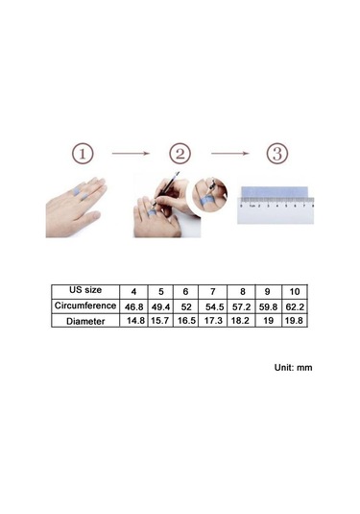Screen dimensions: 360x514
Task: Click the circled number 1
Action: coord(83,154)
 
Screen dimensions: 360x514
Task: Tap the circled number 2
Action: coord(180,154)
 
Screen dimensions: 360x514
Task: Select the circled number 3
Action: coord(277,154)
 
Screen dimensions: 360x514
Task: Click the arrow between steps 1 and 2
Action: coord(131,153)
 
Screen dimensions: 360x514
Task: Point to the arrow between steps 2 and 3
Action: coord(230,153)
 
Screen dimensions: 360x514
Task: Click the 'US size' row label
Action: coord(85,290)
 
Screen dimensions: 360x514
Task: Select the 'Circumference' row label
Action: coord(85,306)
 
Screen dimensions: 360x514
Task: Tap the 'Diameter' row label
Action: coord(85,321)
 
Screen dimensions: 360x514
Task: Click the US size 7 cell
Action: coord(213,291)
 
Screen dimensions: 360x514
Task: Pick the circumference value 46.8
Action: coord(134,307)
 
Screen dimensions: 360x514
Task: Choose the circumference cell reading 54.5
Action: coord(214,307)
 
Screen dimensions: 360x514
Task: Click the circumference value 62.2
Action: coord(295,307)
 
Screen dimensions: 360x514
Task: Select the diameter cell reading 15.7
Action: coord(160,321)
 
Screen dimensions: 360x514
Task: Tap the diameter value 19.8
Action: coord(294,321)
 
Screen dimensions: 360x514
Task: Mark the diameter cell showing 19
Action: coord(268,321)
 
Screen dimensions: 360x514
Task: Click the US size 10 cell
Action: coord(295,291)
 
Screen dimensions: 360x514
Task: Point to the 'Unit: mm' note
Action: coord(293,367)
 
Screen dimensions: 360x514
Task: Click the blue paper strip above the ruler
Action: coord(275,192)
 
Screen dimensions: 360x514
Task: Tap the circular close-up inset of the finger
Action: coord(209,195)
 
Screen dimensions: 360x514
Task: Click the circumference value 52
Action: coord(186,307)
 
